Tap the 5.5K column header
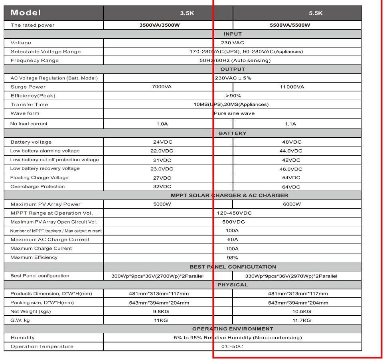point(316,13)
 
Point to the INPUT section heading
point(233,34)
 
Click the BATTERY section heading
point(233,133)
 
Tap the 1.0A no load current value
point(162,124)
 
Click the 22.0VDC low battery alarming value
point(162,151)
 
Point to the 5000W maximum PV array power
point(162,204)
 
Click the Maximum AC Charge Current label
point(50,239)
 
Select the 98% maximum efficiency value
point(233,257)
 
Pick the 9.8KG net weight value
point(162,311)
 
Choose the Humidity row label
point(22,338)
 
